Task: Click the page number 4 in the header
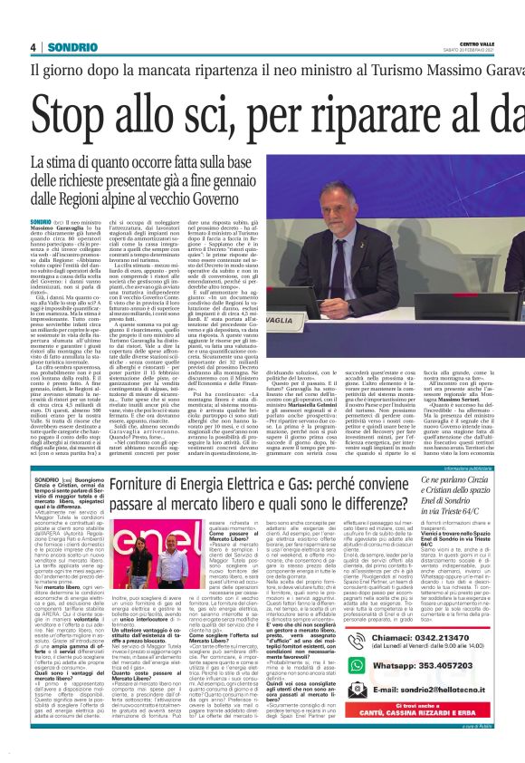[x=33, y=46]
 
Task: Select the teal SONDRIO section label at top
[x=68, y=46]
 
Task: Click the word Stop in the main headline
[x=85, y=114]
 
